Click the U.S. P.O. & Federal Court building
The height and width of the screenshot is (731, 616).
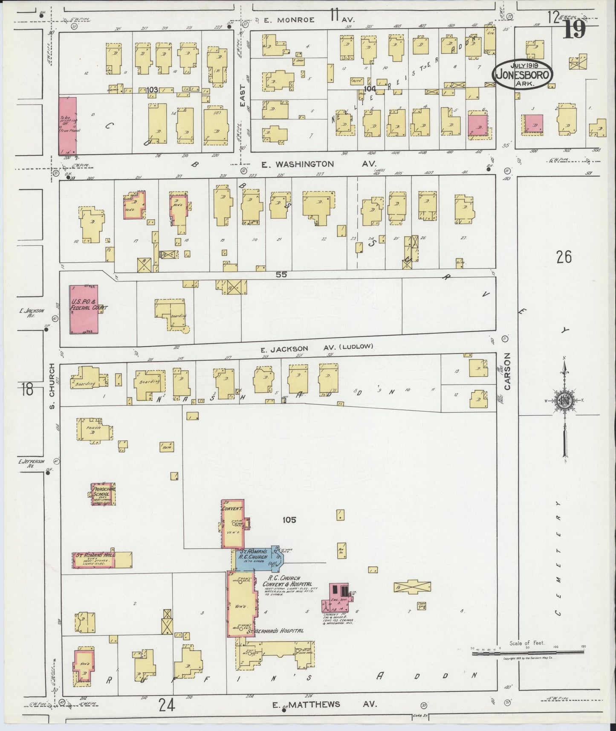(84, 309)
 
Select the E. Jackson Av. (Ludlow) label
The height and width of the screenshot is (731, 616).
(317, 348)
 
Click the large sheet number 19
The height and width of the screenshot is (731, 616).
(574, 30)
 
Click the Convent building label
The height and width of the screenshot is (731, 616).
(232, 509)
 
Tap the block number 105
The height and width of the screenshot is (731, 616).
(288, 519)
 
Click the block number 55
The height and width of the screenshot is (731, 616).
(281, 275)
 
